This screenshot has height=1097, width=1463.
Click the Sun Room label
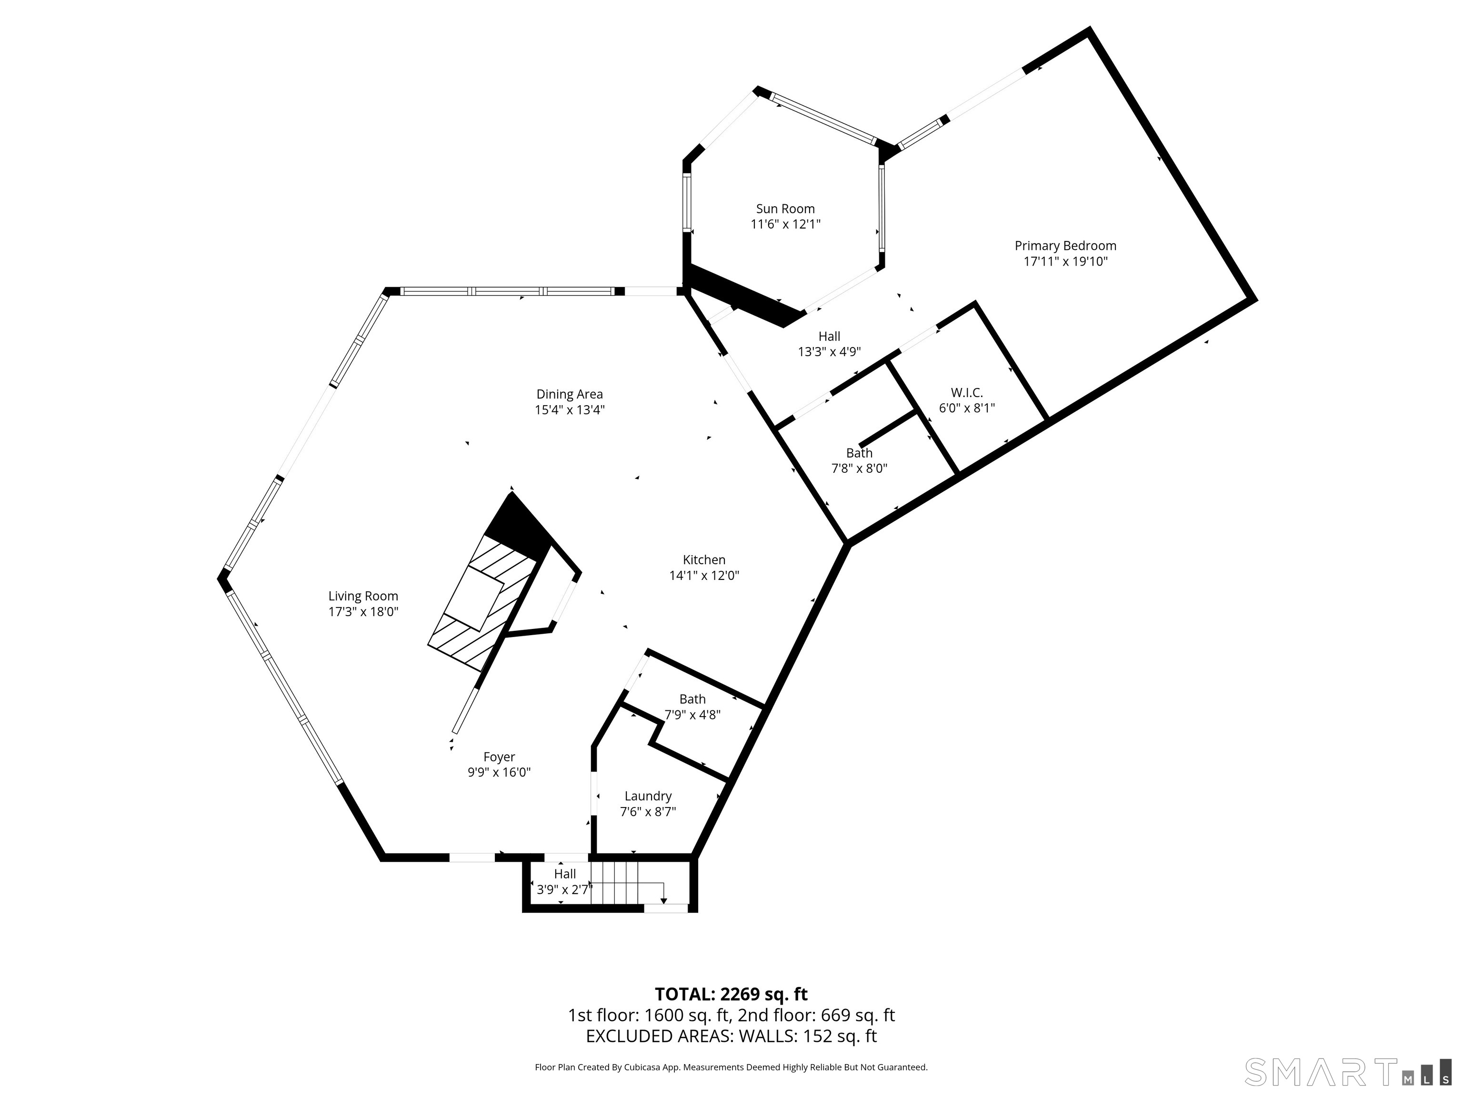coord(785,209)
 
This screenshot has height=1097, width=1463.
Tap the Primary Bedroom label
coord(1065,246)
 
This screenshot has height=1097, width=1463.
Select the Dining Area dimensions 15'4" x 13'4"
coord(570,410)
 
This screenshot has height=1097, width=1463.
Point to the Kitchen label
coord(704,560)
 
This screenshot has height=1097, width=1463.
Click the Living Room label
coord(363,597)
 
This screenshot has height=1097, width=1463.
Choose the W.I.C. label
coord(966,393)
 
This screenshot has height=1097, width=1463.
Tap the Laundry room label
coord(648,796)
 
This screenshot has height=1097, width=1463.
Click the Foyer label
coord(499,757)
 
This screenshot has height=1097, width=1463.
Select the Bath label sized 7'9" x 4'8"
coord(692,699)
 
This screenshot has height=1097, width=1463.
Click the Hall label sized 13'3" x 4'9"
coord(829,337)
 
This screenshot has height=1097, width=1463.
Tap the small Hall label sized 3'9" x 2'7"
coord(565,874)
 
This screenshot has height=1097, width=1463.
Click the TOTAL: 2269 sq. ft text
coord(731,995)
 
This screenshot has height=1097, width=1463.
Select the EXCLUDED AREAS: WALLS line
coord(731,1036)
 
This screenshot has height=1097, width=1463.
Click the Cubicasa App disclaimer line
coord(731,1067)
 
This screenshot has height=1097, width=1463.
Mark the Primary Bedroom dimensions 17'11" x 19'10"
coord(1065,262)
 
